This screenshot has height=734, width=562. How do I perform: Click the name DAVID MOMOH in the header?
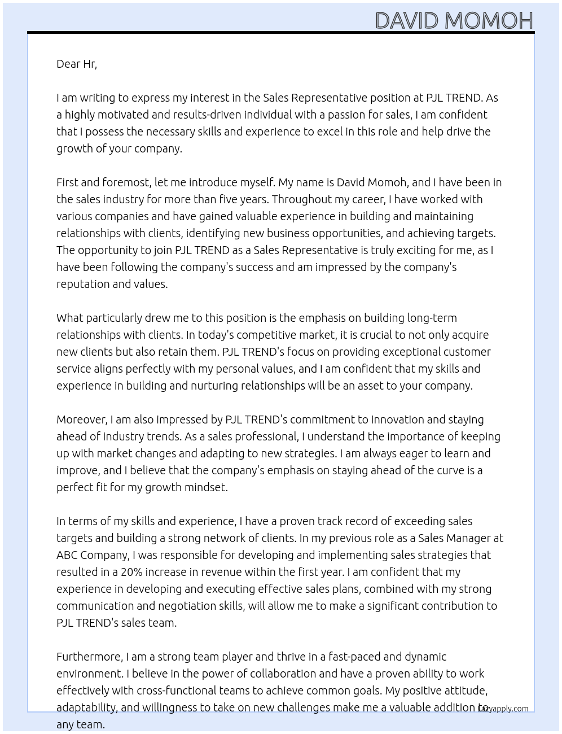point(454,21)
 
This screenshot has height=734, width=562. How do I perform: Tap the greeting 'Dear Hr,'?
point(77,64)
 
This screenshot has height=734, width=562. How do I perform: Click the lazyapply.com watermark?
point(503,708)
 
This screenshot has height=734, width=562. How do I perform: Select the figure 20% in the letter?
point(131,572)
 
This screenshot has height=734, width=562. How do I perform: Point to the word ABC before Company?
point(67,555)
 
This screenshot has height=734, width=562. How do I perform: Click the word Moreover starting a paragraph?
point(82,420)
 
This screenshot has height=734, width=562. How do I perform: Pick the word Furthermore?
point(89,657)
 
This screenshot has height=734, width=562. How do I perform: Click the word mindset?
point(206,487)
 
